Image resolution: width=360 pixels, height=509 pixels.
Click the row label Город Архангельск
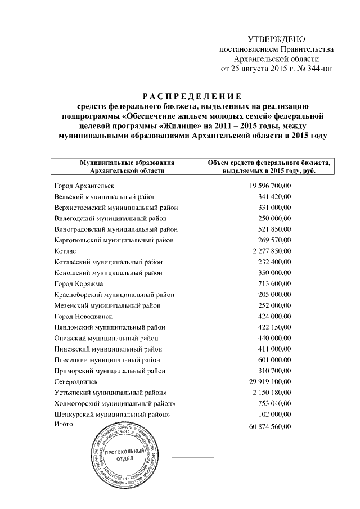(x=84, y=186)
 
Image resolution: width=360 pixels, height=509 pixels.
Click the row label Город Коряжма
(x=78, y=283)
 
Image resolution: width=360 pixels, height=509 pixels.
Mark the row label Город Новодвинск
(x=83, y=316)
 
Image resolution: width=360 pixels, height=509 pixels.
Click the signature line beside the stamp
(x=192, y=457)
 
